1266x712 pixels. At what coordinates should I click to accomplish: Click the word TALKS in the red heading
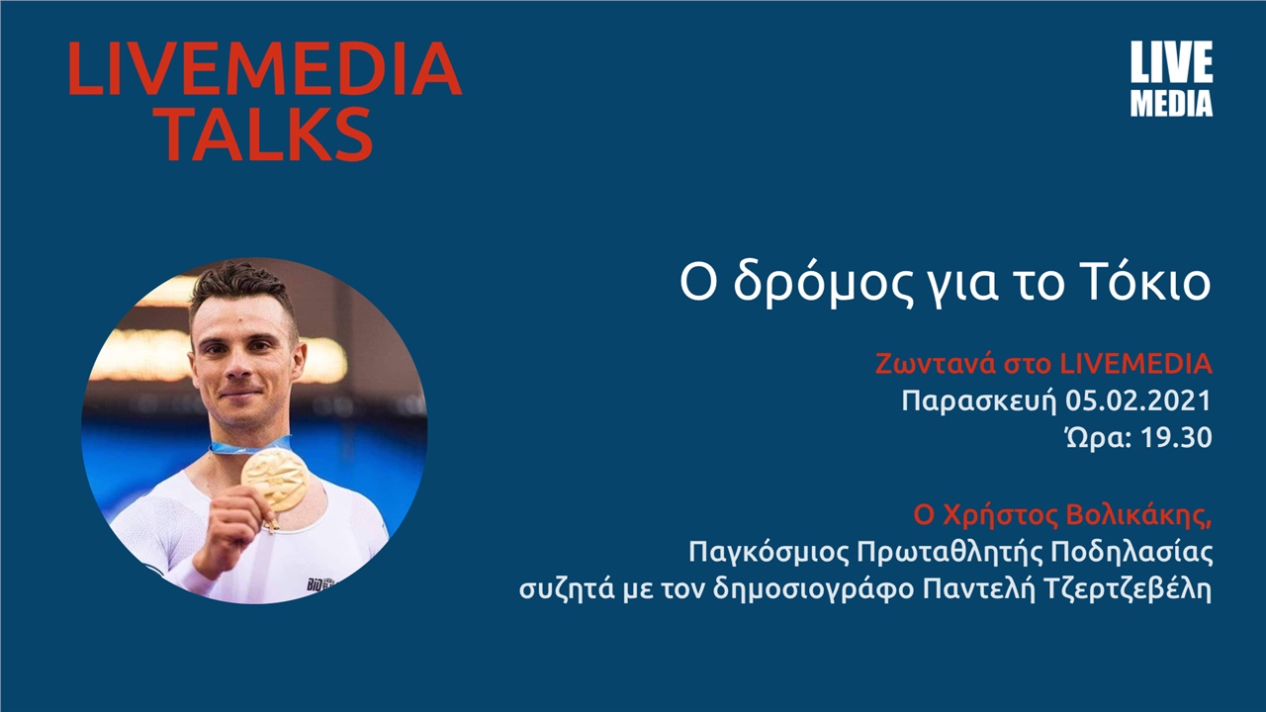(x=268, y=133)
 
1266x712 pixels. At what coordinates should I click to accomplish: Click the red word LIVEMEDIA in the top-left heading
(x=264, y=69)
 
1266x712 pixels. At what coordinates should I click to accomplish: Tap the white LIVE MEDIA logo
(x=1171, y=80)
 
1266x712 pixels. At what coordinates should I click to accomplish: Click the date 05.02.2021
(x=1139, y=401)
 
